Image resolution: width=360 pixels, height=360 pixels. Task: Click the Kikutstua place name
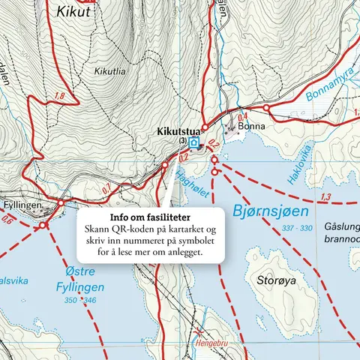[178, 131]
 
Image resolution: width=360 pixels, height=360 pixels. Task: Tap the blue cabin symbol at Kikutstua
[194, 142]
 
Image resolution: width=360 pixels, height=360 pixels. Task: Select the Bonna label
[248, 127]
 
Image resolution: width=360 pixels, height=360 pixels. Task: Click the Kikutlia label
[111, 71]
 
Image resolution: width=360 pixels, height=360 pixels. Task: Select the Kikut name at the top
[72, 12]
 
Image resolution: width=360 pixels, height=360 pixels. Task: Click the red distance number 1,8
[59, 97]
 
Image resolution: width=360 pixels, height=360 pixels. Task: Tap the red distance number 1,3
[325, 197]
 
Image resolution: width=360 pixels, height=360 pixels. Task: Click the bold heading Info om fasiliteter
[149, 217]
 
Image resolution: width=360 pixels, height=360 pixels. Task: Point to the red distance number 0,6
[7, 220]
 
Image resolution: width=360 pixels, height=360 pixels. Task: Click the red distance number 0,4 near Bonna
[242, 117]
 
